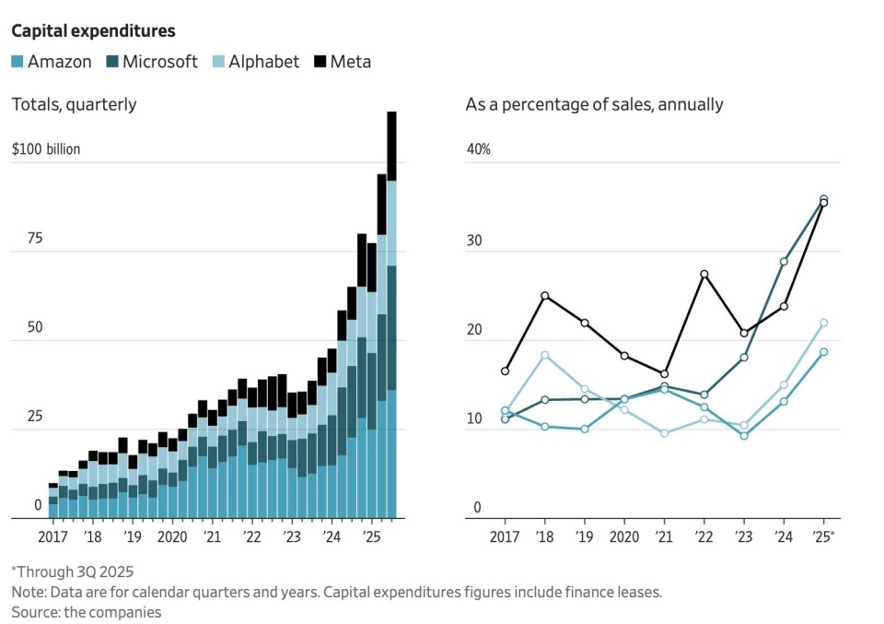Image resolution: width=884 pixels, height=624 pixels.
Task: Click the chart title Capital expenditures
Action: [x=93, y=31]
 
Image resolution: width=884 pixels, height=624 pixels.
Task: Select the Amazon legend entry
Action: [x=52, y=63]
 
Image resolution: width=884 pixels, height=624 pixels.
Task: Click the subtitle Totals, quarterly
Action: [x=74, y=104]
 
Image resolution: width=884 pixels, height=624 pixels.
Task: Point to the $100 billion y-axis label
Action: [x=46, y=149]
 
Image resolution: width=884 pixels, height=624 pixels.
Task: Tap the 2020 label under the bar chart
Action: [x=172, y=536]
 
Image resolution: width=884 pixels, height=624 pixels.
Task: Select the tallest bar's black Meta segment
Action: [x=391, y=146]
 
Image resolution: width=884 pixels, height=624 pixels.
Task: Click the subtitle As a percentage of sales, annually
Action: [x=594, y=104]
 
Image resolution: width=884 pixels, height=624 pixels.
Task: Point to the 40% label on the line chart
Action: [x=479, y=149]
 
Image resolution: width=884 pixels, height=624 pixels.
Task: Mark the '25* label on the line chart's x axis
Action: [x=824, y=536]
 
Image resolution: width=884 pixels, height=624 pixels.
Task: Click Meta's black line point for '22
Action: [x=704, y=275]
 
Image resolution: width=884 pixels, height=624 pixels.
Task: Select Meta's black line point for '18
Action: [x=544, y=296]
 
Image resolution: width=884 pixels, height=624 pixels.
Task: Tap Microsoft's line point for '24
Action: [x=784, y=262]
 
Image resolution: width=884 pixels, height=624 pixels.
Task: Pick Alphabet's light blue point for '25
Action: [x=823, y=324]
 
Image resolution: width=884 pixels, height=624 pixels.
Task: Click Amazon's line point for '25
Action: [x=823, y=352]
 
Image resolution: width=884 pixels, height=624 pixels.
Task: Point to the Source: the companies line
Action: [x=86, y=611]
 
